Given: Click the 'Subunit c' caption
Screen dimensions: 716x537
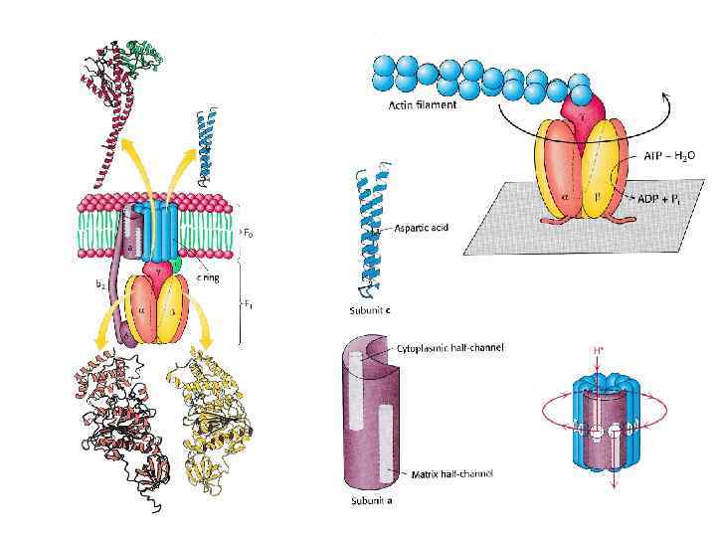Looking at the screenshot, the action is coord(368,312).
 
